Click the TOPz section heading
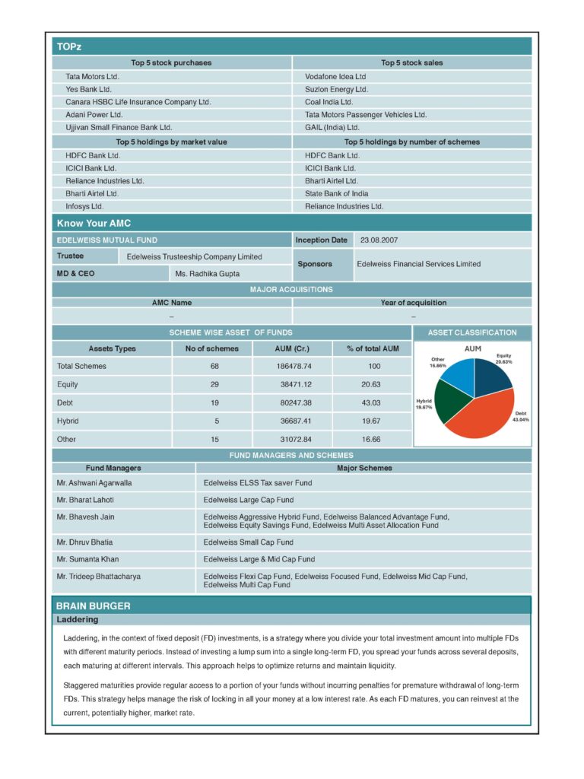69,47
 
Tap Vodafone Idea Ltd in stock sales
335,77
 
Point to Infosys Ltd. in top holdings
84,206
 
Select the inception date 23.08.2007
379,240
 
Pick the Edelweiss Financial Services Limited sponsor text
418,264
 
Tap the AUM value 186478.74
293,366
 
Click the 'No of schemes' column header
211,348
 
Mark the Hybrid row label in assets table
68,421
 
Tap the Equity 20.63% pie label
504,358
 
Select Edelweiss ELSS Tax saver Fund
258,482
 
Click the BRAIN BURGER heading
94,606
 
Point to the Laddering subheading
77,620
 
